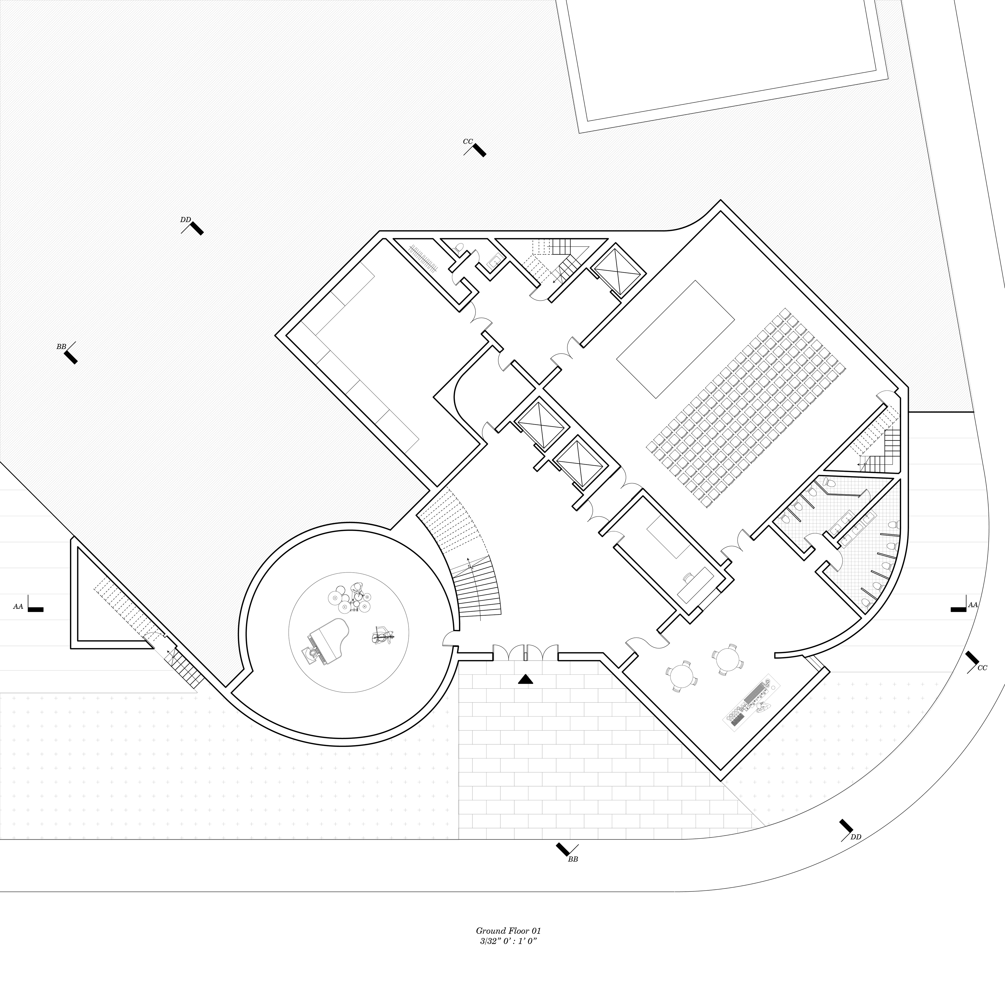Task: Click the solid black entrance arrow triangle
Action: click(525, 679)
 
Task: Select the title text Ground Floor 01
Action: click(508, 931)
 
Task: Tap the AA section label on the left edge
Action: click(18, 607)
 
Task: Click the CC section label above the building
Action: click(468, 142)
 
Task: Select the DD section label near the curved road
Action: click(856, 836)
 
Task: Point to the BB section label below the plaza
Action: click(573, 859)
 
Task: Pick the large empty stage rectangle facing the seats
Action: click(675, 339)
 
